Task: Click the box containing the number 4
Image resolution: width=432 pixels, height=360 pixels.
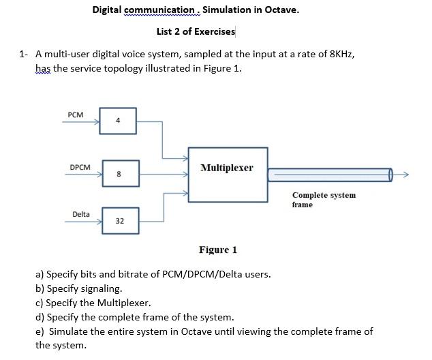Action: pyautogui.click(x=119, y=121)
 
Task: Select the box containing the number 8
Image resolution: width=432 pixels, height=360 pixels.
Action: pyautogui.click(x=119, y=174)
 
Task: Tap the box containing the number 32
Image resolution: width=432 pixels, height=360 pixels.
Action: pyautogui.click(x=119, y=220)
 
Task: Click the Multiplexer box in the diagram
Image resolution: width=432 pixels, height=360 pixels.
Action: pyautogui.click(x=227, y=175)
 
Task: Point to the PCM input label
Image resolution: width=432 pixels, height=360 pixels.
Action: pyautogui.click(x=76, y=115)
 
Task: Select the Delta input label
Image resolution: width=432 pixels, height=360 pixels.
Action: pyautogui.click(x=81, y=214)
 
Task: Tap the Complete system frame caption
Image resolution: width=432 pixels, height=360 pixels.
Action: pyautogui.click(x=324, y=200)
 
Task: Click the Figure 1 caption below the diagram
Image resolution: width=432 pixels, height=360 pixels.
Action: pyautogui.click(x=218, y=250)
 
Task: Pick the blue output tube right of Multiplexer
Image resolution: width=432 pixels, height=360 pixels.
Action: pyautogui.click(x=330, y=175)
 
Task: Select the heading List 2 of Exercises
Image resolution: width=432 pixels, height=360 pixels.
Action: pyautogui.click(x=196, y=31)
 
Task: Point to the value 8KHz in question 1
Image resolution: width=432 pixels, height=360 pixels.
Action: pyautogui.click(x=339, y=54)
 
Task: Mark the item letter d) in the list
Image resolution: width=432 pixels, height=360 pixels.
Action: pyautogui.click(x=40, y=317)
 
